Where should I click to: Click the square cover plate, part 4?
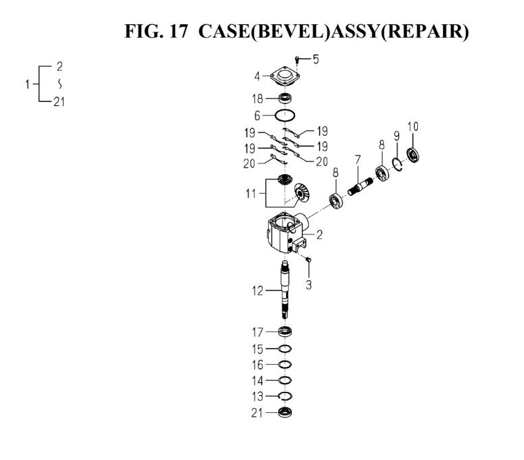coord(284,78)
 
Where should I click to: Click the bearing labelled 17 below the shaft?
coord(286,332)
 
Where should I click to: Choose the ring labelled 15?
coord(286,349)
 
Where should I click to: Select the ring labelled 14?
coord(286,380)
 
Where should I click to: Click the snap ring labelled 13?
coord(286,396)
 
